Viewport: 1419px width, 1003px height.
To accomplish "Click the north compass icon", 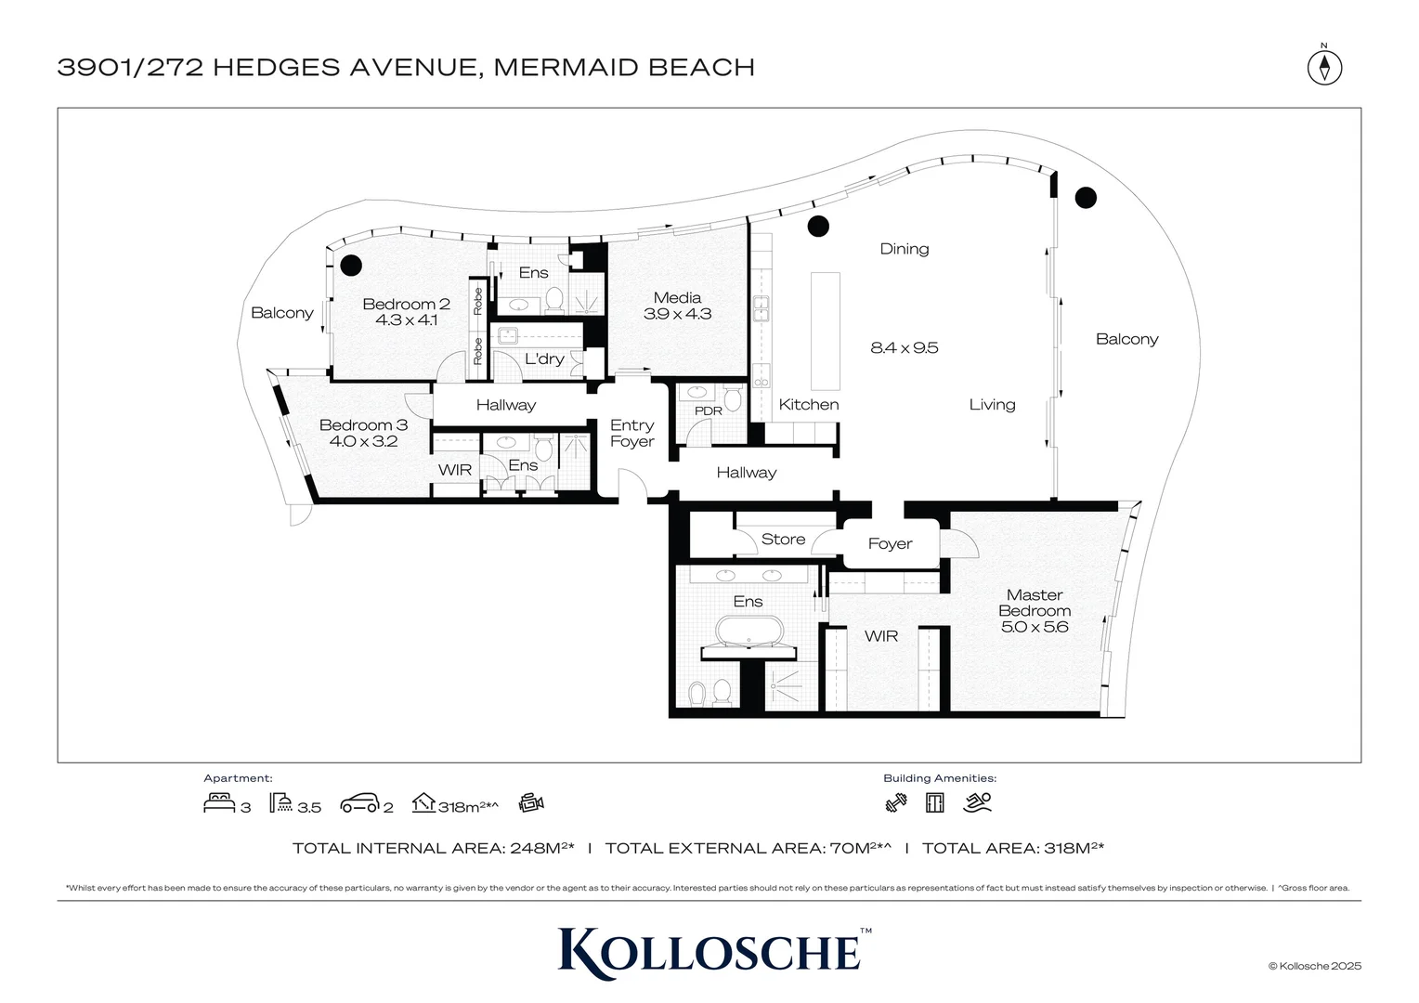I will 1325,67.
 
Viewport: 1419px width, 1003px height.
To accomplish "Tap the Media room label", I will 677,298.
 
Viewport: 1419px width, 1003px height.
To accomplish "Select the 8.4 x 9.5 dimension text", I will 904,348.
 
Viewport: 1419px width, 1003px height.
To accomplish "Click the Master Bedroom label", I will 1035,603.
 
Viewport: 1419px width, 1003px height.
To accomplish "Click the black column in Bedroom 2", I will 350,266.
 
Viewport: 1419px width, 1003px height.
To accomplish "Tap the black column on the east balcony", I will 1086,197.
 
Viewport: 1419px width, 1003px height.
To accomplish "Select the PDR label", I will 708,410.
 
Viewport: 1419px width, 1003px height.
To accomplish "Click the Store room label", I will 783,540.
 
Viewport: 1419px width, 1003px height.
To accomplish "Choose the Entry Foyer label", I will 631,434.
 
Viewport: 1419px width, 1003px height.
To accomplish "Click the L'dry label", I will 544,359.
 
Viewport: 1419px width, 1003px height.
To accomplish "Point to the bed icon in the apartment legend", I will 219,802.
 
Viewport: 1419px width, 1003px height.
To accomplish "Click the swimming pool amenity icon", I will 977,802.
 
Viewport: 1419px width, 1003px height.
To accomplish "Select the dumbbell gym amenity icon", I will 896,802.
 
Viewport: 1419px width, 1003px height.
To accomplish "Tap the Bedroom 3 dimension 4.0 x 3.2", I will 363,442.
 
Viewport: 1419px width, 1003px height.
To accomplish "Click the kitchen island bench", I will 825,331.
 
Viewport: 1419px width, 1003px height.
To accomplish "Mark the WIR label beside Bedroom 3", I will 455,470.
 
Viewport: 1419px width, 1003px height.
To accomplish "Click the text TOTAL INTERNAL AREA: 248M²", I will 433,848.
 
